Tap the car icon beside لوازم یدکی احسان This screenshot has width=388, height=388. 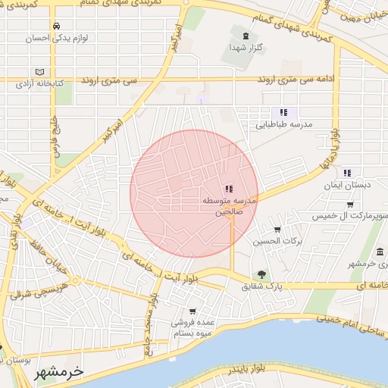pos(57,25)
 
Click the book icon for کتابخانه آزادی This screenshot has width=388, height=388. pos(39,73)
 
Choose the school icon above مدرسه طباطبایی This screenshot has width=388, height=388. pos(283,112)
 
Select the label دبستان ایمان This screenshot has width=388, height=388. pos(344,185)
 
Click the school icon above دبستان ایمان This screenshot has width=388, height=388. pos(346,173)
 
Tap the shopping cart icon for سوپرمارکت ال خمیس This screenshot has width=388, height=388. pos(349,204)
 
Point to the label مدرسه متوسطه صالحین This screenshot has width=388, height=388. pos(229,206)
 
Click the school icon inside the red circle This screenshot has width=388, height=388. pos(229,189)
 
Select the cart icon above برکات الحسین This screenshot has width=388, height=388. pos(277,229)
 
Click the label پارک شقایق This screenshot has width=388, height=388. pos(261,287)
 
